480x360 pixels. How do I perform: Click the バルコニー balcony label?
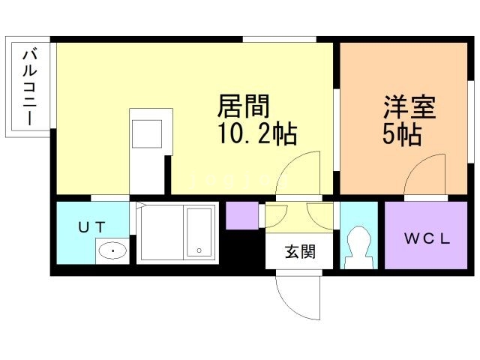[30, 87]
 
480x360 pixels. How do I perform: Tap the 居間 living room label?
[244, 106]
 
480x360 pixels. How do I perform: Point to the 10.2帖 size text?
[257, 135]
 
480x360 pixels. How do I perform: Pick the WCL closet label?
[427, 240]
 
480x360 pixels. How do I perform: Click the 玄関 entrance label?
[299, 252]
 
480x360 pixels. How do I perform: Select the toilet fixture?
[357, 247]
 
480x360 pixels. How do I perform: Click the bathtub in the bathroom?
[199, 232]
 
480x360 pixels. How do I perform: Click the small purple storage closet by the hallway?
[242, 215]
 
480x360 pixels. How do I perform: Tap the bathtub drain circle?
[199, 250]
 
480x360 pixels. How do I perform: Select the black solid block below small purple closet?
[242, 247]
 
